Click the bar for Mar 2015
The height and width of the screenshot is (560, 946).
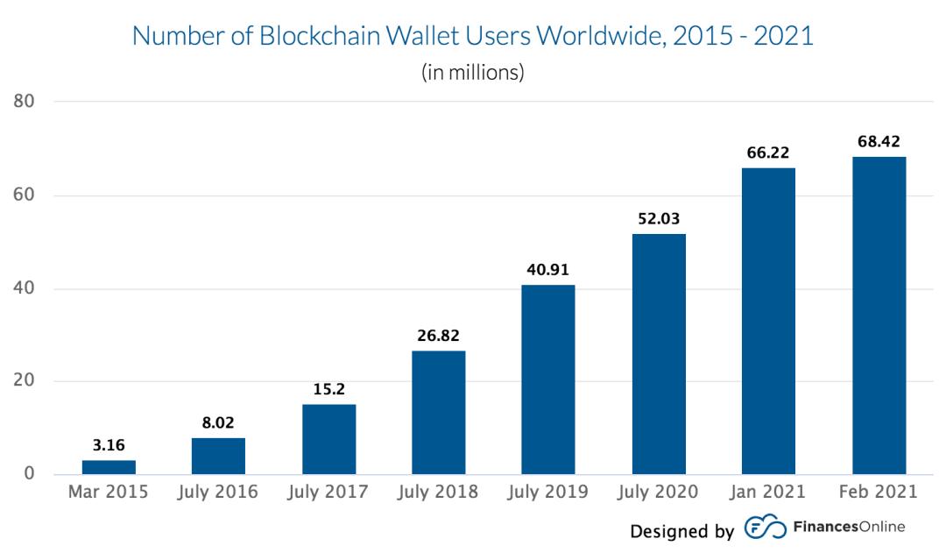click(x=109, y=467)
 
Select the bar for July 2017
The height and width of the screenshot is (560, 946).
click(x=328, y=439)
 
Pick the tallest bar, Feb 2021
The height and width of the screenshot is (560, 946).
click(x=879, y=315)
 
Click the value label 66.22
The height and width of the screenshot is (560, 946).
click(x=768, y=153)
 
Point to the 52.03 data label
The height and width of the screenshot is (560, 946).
click(x=659, y=219)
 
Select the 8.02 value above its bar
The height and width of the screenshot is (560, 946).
click(x=218, y=423)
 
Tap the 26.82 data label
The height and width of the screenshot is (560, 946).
click(x=439, y=336)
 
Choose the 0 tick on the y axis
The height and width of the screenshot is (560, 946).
click(x=29, y=474)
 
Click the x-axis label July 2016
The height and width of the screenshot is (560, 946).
click(x=218, y=492)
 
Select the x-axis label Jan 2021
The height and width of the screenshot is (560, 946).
click(x=768, y=492)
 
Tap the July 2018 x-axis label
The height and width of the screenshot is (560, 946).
click(x=439, y=492)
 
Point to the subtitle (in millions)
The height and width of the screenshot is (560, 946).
click(x=473, y=72)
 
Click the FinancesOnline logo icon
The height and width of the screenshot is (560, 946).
click(x=765, y=528)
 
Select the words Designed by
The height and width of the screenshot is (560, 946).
click(x=681, y=531)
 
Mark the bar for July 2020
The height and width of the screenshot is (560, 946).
click(x=659, y=354)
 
